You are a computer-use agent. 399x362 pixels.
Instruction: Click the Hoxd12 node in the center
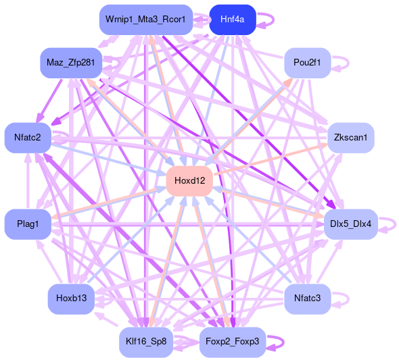click(189, 181)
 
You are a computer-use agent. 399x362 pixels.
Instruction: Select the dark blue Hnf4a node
click(233, 20)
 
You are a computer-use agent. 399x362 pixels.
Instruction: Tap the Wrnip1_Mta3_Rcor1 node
click(146, 20)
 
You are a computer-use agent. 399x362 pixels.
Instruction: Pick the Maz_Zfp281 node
click(71, 63)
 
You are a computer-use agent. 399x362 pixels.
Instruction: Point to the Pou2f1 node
click(308, 63)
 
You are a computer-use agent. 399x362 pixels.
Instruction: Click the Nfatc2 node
click(28, 138)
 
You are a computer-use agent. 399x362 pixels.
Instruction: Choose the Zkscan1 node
click(351, 138)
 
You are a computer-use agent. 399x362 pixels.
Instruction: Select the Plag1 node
click(28, 224)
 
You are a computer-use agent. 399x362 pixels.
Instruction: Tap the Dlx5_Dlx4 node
click(351, 224)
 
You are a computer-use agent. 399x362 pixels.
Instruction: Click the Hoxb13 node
click(71, 299)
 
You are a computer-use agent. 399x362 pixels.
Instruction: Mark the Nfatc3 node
click(308, 299)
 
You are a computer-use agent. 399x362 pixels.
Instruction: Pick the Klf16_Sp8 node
click(146, 342)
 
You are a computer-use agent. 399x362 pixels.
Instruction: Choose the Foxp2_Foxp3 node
click(233, 342)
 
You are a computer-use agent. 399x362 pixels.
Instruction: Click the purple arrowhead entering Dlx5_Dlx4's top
click(331, 204)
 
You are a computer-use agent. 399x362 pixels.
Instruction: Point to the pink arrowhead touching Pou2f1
click(288, 83)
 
